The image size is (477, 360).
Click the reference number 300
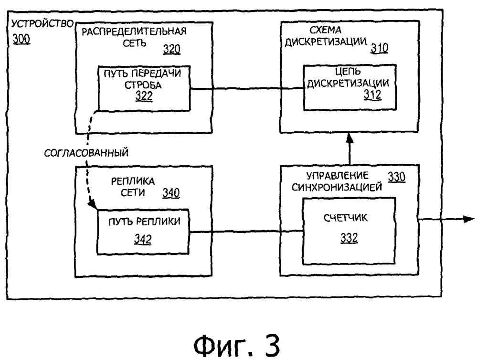point(21,39)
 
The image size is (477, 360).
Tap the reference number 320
point(171,49)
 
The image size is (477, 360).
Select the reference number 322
point(144,96)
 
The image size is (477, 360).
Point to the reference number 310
point(379,48)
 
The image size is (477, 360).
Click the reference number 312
point(372,95)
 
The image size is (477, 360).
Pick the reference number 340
point(171,193)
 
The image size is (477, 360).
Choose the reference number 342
point(143,240)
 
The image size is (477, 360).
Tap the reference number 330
point(396,177)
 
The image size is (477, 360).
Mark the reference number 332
point(349,238)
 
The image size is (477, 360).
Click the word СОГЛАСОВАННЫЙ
point(86,153)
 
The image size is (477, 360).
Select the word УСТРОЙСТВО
point(42,24)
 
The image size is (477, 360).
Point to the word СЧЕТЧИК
point(346,218)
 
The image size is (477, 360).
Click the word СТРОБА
point(143,85)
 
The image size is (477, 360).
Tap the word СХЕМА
point(325,30)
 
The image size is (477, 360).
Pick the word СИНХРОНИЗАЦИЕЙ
point(337,187)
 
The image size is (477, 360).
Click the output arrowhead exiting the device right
point(469,219)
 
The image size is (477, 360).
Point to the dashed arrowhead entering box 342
point(92,204)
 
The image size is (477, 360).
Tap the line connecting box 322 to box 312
point(247,89)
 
